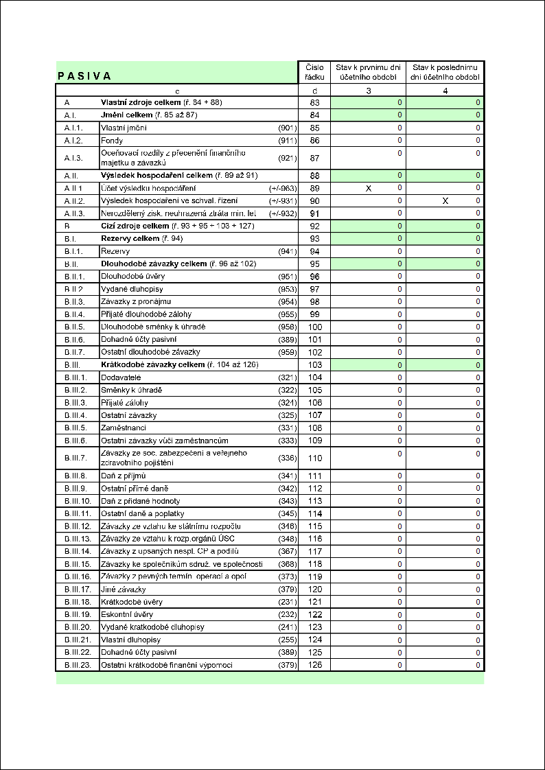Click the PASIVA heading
click(84, 76)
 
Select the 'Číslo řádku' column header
click(315, 72)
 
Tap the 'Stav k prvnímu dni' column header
click(368, 72)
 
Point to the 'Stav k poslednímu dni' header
click(445, 72)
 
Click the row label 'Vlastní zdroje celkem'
click(141, 102)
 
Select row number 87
click(315, 158)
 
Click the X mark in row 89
click(368, 188)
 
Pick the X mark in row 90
click(445, 200)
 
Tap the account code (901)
click(287, 128)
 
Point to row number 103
click(315, 364)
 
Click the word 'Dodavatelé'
click(121, 377)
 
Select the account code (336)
click(287, 458)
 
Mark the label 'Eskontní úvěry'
click(127, 614)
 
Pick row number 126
click(315, 665)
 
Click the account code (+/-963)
click(282, 188)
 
